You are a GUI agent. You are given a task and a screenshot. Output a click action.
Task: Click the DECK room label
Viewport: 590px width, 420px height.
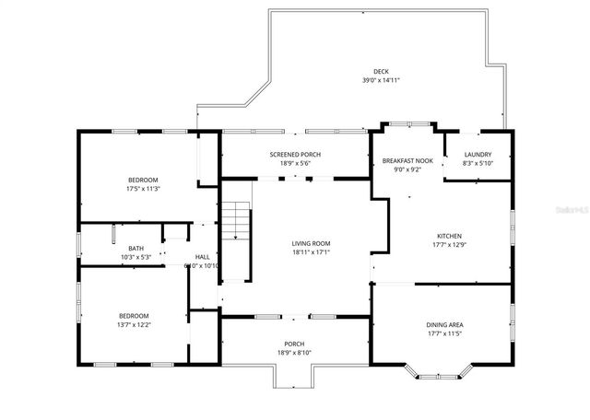pos(381,72)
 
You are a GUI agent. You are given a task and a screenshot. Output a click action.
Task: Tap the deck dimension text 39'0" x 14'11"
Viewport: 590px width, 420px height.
pos(381,81)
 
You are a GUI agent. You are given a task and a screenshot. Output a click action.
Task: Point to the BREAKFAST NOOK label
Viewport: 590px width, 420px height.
pos(407,160)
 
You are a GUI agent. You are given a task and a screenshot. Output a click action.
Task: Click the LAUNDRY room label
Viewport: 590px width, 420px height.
pos(477,155)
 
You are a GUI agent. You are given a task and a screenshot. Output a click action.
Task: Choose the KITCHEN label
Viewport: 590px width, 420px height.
pos(449,236)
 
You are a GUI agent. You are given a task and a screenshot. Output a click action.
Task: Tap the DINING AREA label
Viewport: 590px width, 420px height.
pos(444,324)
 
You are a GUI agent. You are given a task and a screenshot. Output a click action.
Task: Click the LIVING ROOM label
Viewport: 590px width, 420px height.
pos(311,243)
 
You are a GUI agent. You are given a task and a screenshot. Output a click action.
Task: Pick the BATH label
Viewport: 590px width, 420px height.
pos(136,248)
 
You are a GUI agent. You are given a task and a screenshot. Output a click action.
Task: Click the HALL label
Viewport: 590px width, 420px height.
pos(201,257)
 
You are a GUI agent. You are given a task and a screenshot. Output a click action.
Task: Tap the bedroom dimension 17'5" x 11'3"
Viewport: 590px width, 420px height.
pos(143,189)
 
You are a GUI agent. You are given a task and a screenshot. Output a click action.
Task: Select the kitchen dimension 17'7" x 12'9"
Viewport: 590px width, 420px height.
pos(449,245)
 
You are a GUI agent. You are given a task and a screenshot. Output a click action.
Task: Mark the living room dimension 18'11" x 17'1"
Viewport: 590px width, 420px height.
pos(311,251)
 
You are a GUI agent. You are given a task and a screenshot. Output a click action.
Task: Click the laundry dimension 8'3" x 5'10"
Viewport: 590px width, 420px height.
pos(477,164)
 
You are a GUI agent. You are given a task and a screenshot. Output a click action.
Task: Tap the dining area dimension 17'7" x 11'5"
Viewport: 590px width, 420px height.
pos(444,333)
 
